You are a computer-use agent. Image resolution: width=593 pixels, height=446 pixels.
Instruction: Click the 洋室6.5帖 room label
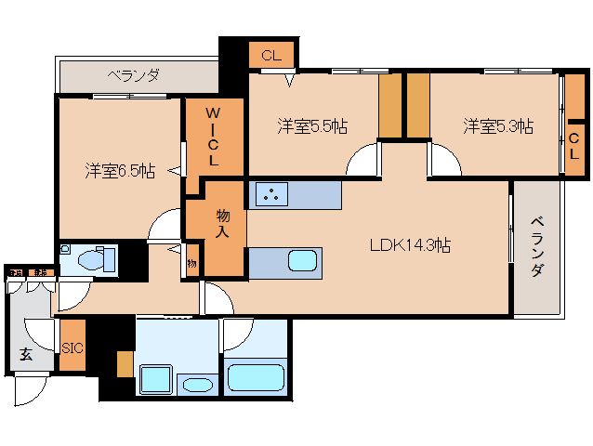point(120,171)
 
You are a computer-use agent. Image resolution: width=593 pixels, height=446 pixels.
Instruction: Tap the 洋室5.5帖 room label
point(312,126)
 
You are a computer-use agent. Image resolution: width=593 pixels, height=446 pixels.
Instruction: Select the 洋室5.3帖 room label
point(498,126)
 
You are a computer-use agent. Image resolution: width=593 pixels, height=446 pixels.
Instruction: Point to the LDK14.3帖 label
point(410,246)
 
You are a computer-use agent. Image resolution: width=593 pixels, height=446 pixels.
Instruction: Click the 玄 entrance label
point(25,353)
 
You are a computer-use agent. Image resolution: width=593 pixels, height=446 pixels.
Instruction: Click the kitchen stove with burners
point(271,195)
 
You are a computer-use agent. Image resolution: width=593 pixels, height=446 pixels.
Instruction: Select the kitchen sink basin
point(303,260)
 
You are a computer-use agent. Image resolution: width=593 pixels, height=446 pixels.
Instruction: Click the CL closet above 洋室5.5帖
point(270,56)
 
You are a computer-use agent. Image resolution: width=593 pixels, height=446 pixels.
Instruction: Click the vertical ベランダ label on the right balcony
point(538,246)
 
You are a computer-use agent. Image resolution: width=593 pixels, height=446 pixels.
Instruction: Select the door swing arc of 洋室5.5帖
point(362,163)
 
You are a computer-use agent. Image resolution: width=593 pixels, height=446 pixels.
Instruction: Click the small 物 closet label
point(191,264)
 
